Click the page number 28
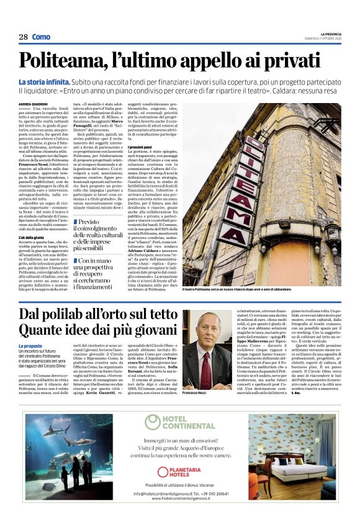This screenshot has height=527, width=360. (x=23, y=37)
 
